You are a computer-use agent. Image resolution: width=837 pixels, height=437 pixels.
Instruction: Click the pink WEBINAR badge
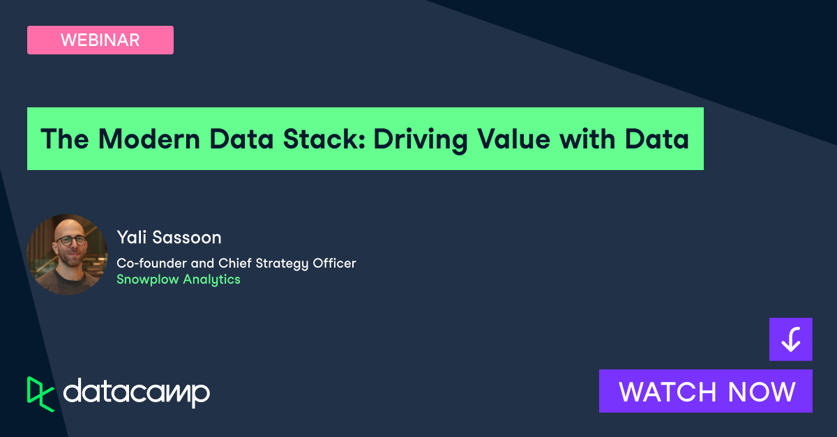100,40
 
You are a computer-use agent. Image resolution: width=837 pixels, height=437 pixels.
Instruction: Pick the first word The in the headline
65,139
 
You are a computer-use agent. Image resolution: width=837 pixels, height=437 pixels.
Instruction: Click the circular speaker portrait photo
67,254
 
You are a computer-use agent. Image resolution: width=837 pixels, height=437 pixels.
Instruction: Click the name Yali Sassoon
169,238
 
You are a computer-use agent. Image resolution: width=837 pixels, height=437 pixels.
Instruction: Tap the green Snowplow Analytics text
179,279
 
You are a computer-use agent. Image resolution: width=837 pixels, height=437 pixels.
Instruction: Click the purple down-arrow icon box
790,339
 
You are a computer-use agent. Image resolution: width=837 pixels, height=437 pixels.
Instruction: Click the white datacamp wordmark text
136,393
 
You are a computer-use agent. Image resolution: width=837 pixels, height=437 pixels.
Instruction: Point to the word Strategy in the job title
277,263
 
